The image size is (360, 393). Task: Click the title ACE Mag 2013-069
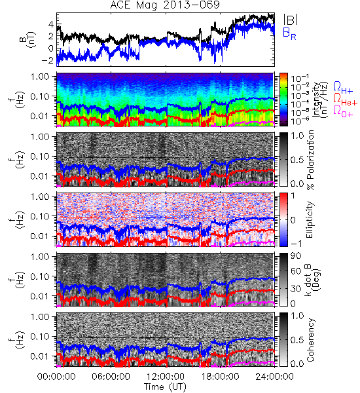[165, 5]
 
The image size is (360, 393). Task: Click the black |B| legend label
[291, 20]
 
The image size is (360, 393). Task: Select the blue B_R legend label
[289, 33]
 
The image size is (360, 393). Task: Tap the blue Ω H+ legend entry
[343, 88]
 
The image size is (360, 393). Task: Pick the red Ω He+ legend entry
[345, 100]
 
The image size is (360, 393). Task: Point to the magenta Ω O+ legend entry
[343, 111]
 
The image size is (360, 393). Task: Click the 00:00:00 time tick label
[56, 377]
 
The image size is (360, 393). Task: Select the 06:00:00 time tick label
[111, 377]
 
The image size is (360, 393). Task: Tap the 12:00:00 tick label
[166, 377]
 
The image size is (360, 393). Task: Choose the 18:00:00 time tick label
[220, 377]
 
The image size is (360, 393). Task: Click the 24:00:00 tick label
[274, 377]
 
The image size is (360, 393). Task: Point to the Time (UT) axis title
[166, 386]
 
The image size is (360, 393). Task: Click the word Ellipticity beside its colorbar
[310, 220]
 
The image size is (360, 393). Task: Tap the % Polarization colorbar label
[310, 160]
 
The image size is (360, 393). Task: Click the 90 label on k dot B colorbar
[296, 256]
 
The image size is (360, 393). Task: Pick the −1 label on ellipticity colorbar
[297, 244]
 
